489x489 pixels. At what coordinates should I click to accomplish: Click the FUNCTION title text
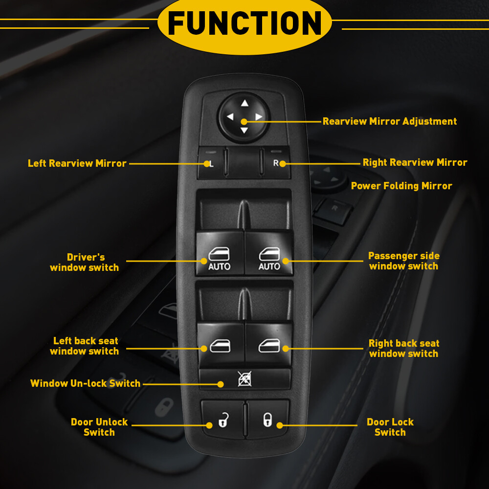(x=244, y=23)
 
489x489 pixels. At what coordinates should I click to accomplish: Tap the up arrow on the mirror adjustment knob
(x=244, y=103)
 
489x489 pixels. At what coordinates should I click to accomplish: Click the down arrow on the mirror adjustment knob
(x=244, y=130)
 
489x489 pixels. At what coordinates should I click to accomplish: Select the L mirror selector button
(x=211, y=163)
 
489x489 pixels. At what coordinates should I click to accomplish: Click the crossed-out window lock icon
(x=244, y=379)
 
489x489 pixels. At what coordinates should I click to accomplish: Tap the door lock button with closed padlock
(x=268, y=419)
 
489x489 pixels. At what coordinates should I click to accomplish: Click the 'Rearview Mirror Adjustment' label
(x=390, y=121)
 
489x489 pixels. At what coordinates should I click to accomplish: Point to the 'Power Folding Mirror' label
(x=401, y=186)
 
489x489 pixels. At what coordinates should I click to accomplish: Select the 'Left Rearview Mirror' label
(x=77, y=163)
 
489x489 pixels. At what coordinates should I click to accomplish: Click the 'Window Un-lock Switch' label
(x=86, y=383)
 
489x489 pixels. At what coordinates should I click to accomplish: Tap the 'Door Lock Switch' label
(x=390, y=427)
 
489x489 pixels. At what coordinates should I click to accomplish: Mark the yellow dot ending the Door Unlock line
(x=209, y=425)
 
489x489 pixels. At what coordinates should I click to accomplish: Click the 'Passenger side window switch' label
(x=404, y=261)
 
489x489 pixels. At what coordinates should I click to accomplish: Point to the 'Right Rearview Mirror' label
(x=415, y=162)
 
